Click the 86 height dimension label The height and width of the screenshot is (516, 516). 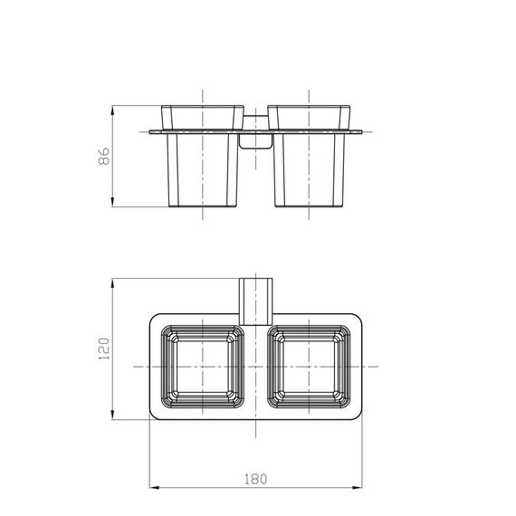pyautogui.click(x=104, y=156)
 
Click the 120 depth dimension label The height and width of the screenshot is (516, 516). pyautogui.click(x=104, y=349)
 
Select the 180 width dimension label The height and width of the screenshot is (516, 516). pyautogui.click(x=255, y=479)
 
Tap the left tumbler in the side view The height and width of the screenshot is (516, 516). pyautogui.click(x=203, y=156)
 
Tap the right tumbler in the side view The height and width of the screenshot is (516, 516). pyautogui.click(x=309, y=156)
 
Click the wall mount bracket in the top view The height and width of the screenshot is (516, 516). pyautogui.click(x=255, y=301)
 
